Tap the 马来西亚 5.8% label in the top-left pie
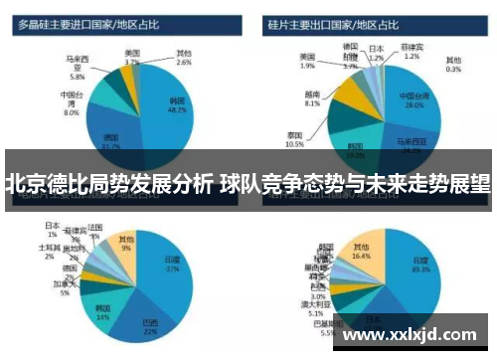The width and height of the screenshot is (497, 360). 77,66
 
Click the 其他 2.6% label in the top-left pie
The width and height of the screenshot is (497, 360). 184,57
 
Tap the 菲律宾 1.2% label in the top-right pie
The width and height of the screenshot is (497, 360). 413,52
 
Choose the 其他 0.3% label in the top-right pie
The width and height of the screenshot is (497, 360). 453,65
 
